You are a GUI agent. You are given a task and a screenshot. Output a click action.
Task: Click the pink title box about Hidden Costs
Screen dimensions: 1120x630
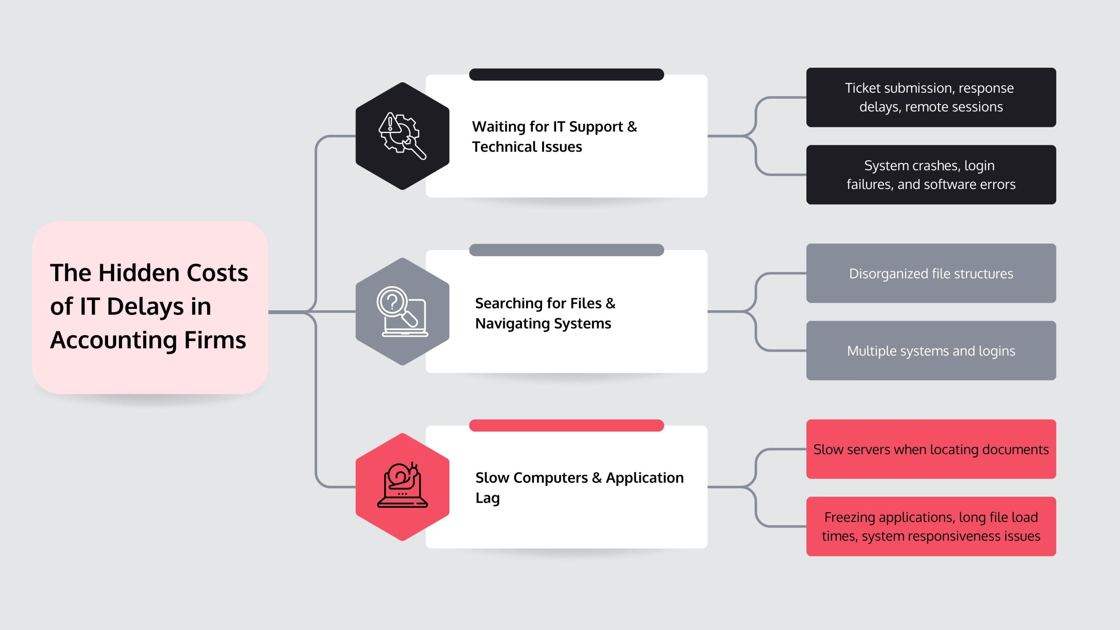tap(150, 307)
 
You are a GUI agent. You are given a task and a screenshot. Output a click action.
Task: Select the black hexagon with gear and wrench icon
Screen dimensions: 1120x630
tap(402, 136)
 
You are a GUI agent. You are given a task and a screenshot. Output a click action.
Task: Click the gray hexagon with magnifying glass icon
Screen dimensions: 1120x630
tap(402, 311)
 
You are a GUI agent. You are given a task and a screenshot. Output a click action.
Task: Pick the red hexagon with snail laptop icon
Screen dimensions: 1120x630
tap(402, 487)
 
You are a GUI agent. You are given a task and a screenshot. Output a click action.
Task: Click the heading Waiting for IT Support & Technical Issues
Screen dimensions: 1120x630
tap(554, 136)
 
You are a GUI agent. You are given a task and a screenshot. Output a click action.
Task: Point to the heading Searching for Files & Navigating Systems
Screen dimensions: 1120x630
tap(545, 313)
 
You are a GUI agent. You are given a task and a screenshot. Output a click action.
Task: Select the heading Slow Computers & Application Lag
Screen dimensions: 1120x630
tap(579, 487)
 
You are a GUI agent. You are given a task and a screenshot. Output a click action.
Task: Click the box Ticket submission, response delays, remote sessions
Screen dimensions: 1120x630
tap(931, 97)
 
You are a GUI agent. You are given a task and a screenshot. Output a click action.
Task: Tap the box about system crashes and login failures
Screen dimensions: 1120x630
tap(931, 175)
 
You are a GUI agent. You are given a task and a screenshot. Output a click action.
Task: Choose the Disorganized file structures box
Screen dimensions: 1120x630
tap(931, 273)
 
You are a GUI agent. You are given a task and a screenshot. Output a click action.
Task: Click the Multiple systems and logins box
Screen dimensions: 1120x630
tap(931, 350)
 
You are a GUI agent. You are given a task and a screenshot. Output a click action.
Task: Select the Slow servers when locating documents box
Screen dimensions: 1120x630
tap(931, 449)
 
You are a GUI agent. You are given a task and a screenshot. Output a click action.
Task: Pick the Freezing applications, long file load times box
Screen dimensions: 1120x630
tap(931, 526)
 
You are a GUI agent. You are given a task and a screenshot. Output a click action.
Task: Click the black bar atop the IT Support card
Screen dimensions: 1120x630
tap(567, 74)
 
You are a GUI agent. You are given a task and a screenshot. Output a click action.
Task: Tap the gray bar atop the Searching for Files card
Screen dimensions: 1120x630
tap(567, 250)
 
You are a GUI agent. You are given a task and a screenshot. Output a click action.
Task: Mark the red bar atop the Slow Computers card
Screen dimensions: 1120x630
tap(567, 425)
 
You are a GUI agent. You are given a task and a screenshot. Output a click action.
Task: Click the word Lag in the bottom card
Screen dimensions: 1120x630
tap(487, 498)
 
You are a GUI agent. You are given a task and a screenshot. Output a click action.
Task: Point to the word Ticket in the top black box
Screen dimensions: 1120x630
tap(862, 88)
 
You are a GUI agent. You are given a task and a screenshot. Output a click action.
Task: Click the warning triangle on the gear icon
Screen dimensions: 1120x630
tap(389, 124)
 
